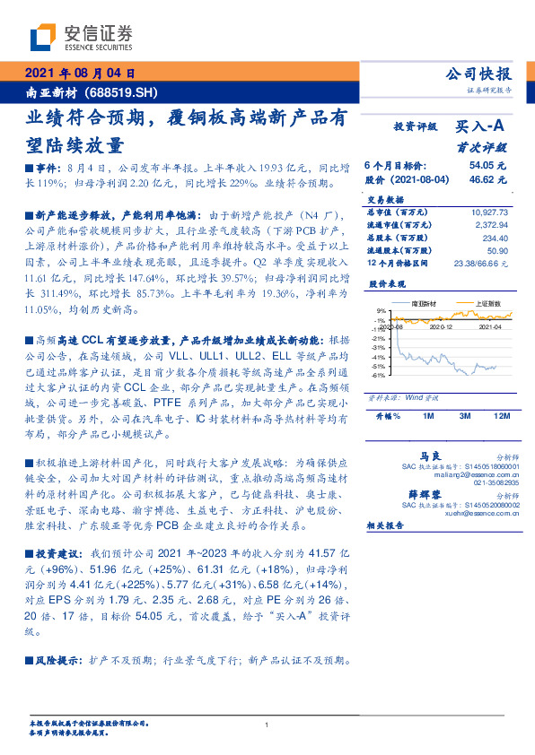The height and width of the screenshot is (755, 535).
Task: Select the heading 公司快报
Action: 478,74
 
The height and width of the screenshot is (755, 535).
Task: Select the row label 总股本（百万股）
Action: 402,238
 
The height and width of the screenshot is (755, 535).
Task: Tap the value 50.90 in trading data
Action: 496,251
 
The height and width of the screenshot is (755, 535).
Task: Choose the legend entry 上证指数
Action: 487,304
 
